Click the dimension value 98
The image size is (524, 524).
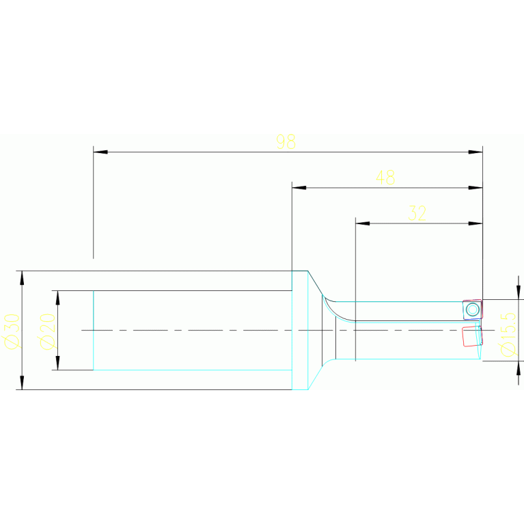286,141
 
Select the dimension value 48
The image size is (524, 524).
385,178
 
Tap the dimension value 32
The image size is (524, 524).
417,213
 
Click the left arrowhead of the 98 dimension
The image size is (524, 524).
100,152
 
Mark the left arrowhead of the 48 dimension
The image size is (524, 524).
299,187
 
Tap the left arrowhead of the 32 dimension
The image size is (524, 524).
362,223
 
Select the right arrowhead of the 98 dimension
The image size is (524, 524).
476,152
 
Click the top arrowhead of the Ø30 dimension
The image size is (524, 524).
22,277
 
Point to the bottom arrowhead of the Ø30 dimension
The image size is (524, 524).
22,383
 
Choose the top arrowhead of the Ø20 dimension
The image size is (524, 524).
57,297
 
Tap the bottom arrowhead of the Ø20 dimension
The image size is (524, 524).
57,363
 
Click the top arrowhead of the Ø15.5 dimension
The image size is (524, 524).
519,292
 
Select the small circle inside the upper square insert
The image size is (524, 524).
471,309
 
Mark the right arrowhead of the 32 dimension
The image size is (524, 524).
476,223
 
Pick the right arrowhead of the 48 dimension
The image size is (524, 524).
476,187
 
